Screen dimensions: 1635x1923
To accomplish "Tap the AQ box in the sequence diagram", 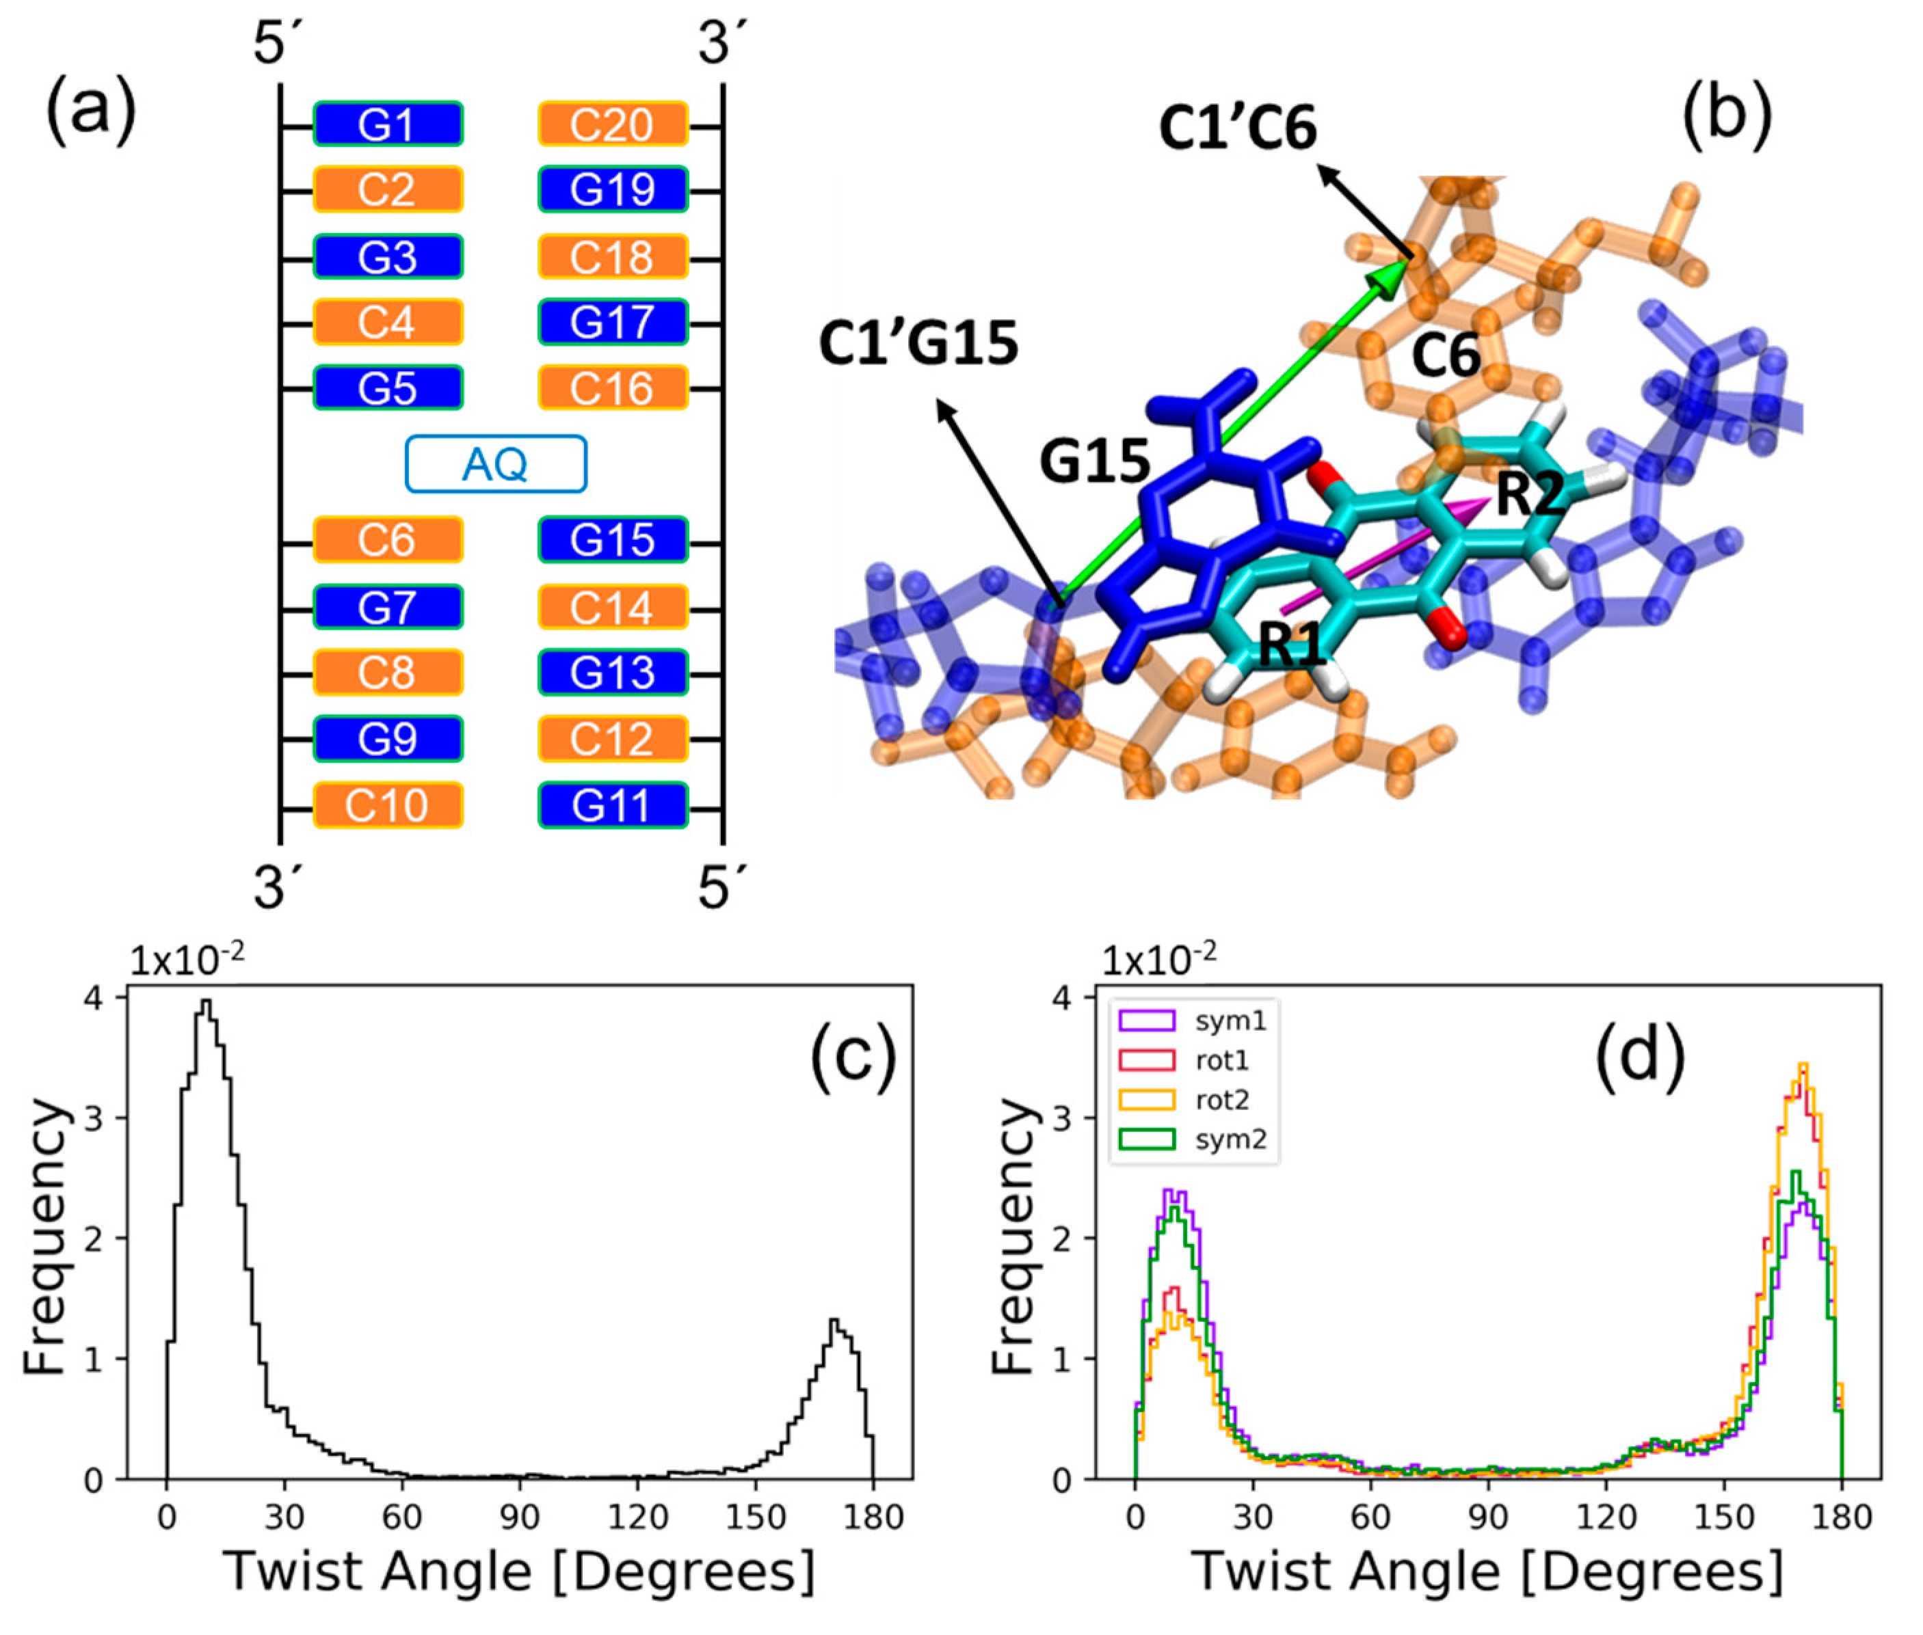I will click(495, 463).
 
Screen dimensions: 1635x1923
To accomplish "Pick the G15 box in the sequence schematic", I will click(613, 539).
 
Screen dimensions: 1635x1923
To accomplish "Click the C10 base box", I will click(388, 805).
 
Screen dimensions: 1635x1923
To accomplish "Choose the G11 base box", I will click(613, 805).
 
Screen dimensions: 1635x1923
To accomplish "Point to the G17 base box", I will click(613, 323).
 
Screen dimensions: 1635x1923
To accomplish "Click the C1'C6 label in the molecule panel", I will click(1237, 127).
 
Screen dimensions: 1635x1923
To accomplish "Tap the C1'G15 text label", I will click(918, 343).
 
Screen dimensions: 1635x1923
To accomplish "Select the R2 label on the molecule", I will click(1529, 494).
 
